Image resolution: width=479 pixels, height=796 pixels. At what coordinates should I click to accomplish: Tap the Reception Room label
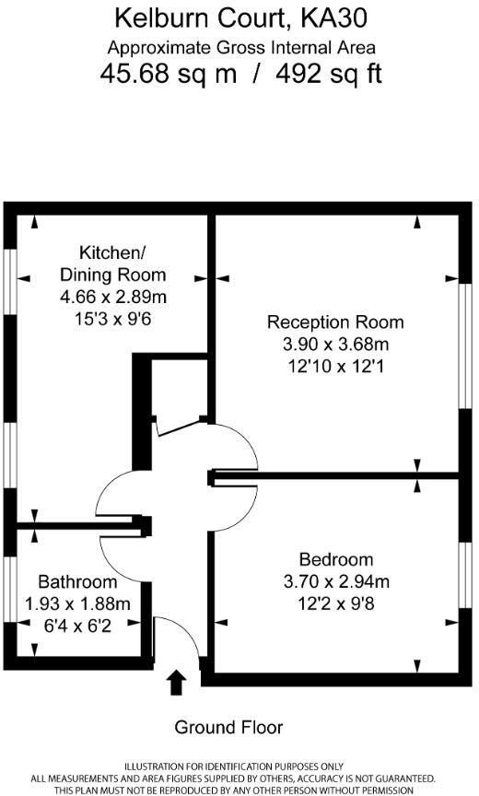click(335, 322)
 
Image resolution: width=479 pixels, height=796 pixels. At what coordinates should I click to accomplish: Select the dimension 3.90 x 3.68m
click(335, 344)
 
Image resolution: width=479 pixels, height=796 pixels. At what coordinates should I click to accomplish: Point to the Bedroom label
click(336, 559)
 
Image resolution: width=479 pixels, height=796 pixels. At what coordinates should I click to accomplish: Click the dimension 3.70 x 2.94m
click(336, 581)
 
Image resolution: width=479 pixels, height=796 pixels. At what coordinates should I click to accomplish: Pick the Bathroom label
click(77, 582)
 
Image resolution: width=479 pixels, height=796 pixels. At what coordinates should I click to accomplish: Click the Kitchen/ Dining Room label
click(112, 263)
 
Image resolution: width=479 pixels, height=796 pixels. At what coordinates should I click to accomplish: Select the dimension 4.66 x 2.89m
click(112, 297)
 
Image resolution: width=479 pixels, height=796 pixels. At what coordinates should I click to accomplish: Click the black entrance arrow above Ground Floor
click(177, 683)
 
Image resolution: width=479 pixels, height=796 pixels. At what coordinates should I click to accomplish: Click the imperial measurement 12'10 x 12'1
click(335, 366)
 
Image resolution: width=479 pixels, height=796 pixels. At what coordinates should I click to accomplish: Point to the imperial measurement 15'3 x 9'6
click(112, 319)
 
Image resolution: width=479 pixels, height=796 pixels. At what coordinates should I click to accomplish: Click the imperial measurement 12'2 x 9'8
click(336, 603)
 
